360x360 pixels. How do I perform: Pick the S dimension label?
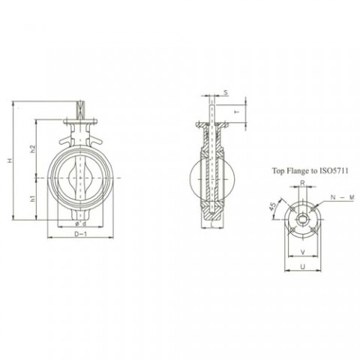coord(225,92)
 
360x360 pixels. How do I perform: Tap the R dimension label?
coord(301,182)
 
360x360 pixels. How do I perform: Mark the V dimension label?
coord(301,252)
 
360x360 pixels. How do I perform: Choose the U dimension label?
coord(301,266)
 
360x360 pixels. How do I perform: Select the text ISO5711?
coord(335,172)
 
